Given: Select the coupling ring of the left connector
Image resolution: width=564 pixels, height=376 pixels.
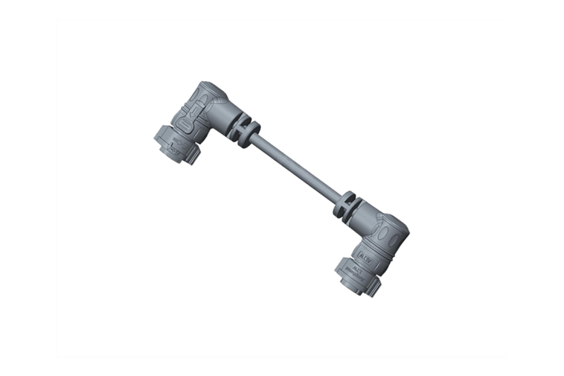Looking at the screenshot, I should coord(170,143).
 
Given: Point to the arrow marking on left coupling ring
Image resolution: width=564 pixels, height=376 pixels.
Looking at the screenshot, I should coord(166,143).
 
